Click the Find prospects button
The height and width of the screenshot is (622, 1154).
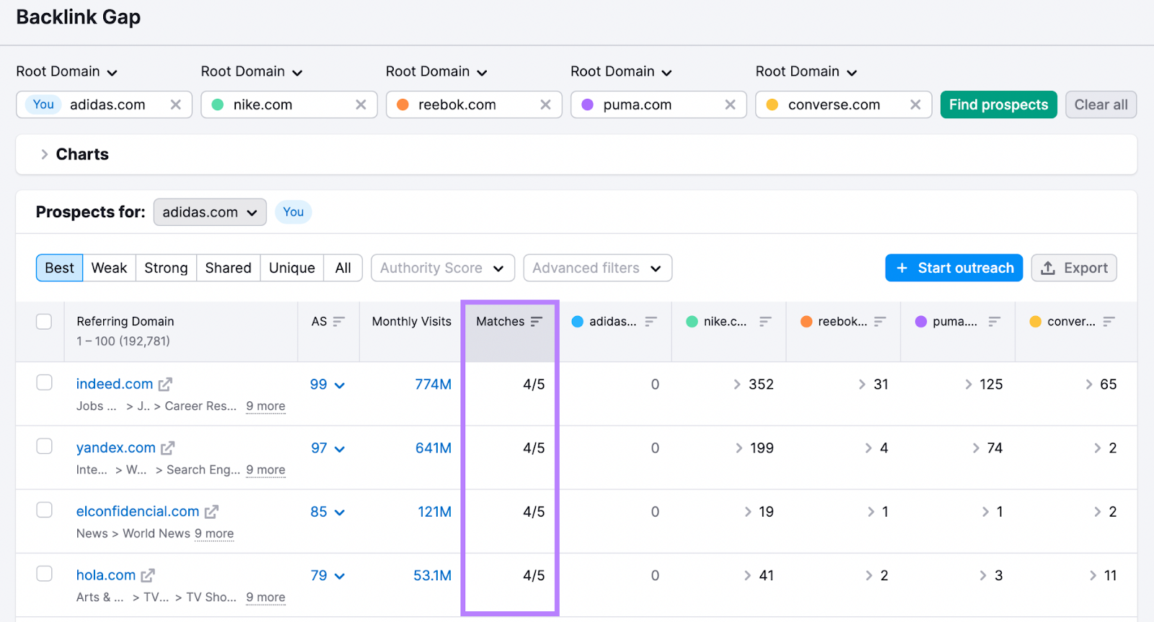click(998, 105)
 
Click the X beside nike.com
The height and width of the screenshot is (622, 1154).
click(361, 105)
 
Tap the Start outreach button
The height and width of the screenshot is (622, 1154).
click(953, 268)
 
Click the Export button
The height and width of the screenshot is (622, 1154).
click(1074, 268)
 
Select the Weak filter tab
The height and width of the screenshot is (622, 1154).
click(109, 268)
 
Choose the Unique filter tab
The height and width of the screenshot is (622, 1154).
click(291, 268)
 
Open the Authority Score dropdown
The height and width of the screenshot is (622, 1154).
click(442, 268)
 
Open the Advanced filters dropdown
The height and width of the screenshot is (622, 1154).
click(597, 268)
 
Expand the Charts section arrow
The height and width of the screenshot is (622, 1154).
click(45, 154)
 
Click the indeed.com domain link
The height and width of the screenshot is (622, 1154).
click(115, 384)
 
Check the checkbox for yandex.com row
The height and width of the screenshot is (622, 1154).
click(45, 446)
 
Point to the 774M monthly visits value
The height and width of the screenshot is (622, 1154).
click(433, 384)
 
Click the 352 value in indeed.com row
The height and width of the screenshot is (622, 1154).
click(760, 384)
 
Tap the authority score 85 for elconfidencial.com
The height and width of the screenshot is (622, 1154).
click(319, 512)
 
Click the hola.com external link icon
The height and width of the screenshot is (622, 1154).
click(148, 575)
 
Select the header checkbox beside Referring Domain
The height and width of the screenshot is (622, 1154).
click(44, 321)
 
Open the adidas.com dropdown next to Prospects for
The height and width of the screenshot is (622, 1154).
click(209, 212)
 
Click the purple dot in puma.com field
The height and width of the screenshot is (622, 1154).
click(587, 105)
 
